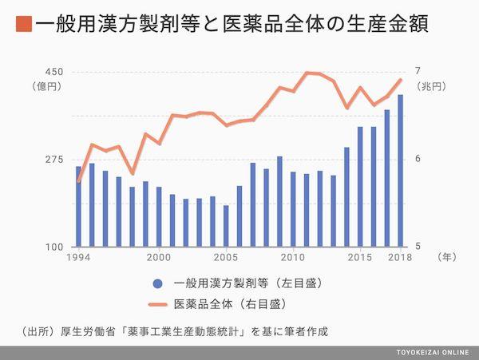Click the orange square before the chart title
[23, 24]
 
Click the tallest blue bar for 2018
[400, 171]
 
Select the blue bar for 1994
[78, 207]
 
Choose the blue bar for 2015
[360, 187]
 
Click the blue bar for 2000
[159, 217]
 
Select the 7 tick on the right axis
[417, 71]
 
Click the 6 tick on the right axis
[417, 159]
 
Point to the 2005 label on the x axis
[226, 257]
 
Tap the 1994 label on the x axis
[77, 257]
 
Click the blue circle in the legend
[156, 283]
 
